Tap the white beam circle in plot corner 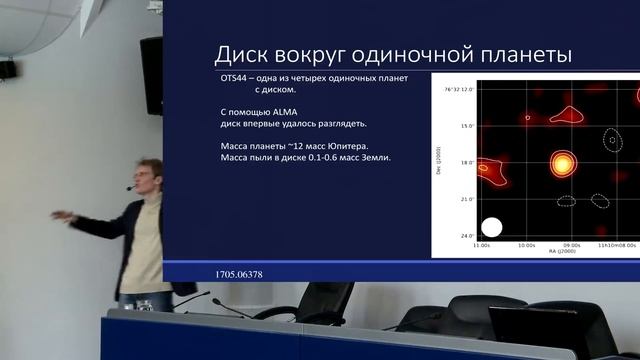tap(491, 226)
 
